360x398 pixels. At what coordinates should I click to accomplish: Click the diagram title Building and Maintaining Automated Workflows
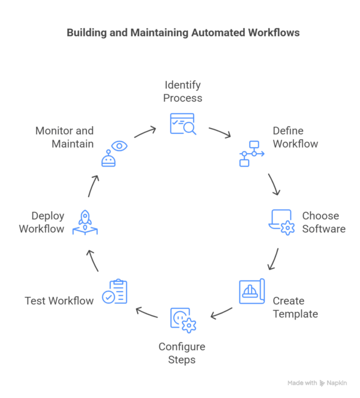point(182,32)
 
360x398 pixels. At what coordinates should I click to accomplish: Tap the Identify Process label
point(182,91)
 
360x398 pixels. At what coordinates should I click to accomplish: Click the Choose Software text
point(323,222)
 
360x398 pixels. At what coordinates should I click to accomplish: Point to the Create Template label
point(295,307)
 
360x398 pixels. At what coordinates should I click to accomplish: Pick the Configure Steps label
point(182,353)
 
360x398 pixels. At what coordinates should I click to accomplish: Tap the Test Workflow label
point(59,301)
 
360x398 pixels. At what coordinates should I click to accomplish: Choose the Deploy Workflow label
point(42,222)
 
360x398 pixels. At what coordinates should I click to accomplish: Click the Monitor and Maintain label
point(64,137)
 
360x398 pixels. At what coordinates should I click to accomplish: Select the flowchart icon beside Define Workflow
point(251,154)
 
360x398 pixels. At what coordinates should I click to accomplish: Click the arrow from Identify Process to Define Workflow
point(219,132)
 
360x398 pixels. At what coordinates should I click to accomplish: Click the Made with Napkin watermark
point(317,383)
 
